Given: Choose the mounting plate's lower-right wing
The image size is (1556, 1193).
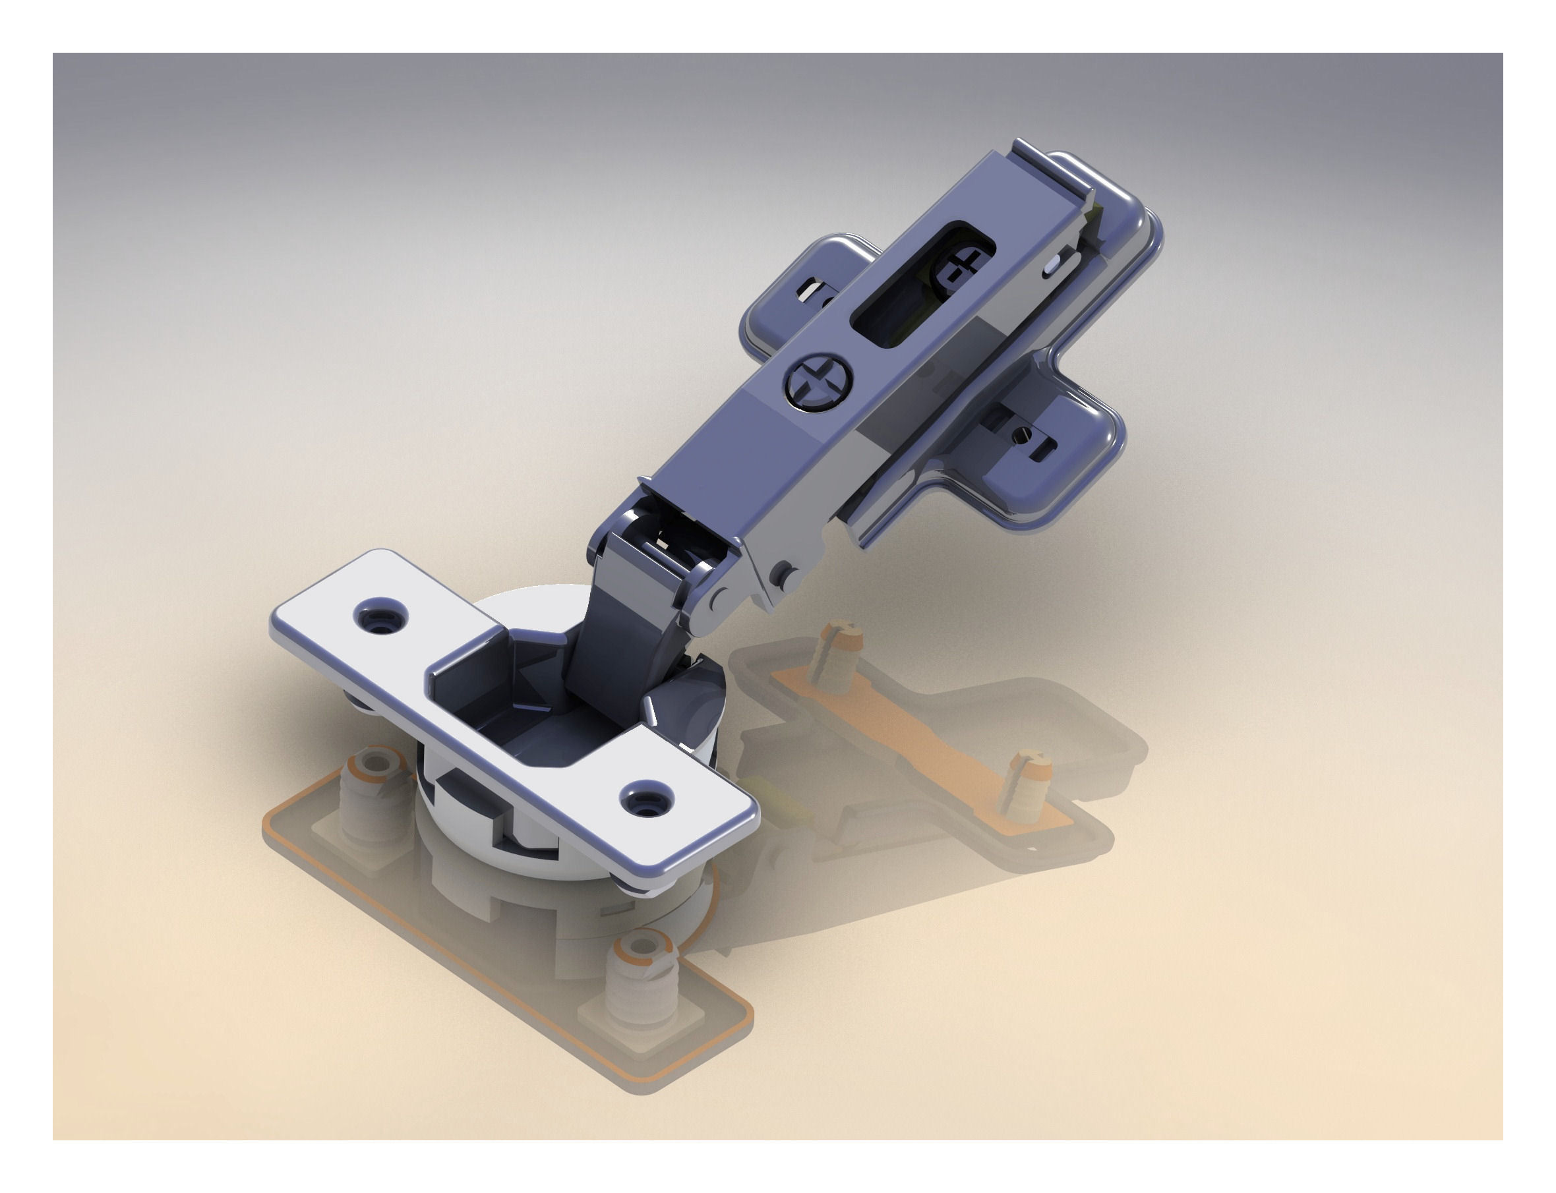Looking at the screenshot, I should pos(1044,455).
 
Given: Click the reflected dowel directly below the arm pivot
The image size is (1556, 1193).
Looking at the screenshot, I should pos(838,657).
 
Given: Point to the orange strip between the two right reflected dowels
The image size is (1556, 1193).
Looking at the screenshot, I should pos(916,728).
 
